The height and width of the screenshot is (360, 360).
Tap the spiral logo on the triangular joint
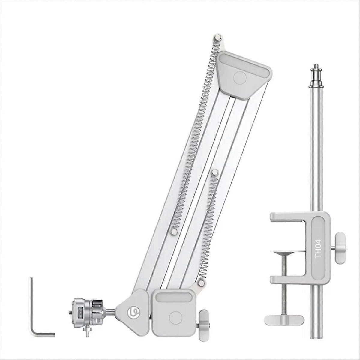133,311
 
